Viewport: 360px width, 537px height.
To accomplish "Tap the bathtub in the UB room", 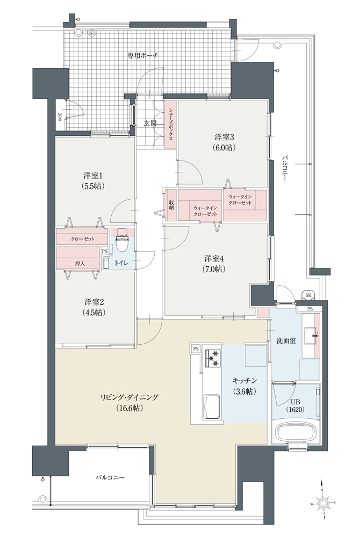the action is pyautogui.click(x=296, y=432).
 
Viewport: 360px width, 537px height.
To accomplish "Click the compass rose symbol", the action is pyautogui.click(x=323, y=504).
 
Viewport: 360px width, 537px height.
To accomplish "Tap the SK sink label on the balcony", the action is pyautogui.click(x=308, y=295).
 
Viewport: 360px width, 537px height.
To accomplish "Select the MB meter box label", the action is pyautogui.click(x=60, y=117).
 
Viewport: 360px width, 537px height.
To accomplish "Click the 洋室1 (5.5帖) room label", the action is pyautogui.click(x=93, y=181).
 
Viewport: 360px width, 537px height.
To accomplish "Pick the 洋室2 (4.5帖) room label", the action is pyautogui.click(x=94, y=307).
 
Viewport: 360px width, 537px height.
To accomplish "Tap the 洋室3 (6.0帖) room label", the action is pyautogui.click(x=225, y=142).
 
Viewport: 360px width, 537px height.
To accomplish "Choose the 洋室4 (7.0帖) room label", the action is pyautogui.click(x=215, y=264).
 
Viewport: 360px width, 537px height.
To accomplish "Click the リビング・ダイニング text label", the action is pyautogui.click(x=129, y=397).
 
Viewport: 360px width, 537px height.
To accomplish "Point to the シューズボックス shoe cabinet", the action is pyautogui.click(x=170, y=125).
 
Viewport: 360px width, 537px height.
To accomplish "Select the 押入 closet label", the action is pyautogui.click(x=80, y=263).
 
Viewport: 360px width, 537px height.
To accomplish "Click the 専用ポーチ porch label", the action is pyautogui.click(x=143, y=55).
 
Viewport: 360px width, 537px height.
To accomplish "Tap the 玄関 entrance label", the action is pyautogui.click(x=150, y=124).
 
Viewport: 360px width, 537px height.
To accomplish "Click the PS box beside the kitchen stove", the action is pyautogui.click(x=196, y=349).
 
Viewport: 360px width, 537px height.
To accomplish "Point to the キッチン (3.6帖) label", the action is pyautogui.click(x=244, y=386).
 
